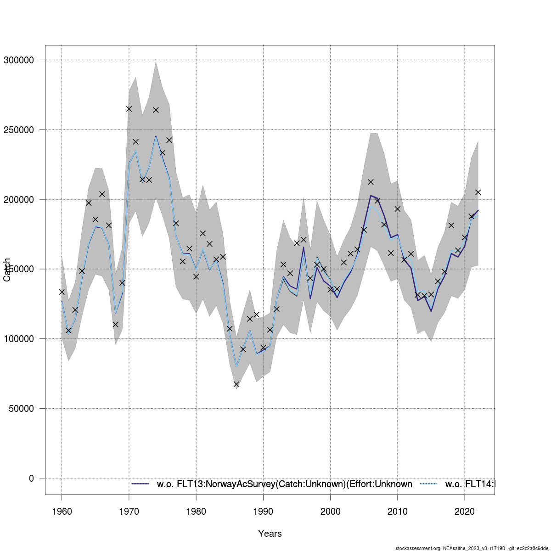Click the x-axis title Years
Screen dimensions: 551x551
click(270, 534)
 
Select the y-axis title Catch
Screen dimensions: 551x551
click(7, 269)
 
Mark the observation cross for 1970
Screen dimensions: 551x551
click(129, 109)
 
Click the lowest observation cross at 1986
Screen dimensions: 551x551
click(236, 384)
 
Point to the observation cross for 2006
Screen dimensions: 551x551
click(371, 182)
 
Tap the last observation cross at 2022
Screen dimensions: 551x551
click(478, 192)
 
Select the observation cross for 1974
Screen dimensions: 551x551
click(156, 110)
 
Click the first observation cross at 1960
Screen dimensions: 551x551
click(62, 292)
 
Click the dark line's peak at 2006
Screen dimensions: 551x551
click(371, 196)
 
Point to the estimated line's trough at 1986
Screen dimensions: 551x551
click(236, 367)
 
